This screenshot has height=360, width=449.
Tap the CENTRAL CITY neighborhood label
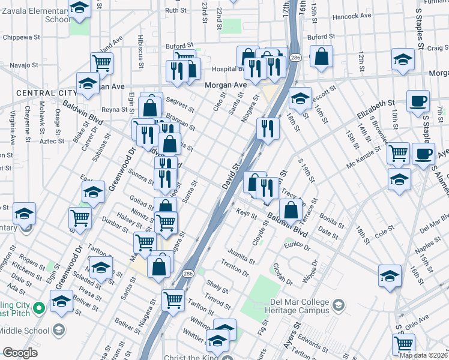[x=46, y=93]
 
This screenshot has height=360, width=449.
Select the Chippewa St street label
[x=21, y=37]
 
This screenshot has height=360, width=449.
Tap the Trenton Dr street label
[x=235, y=268]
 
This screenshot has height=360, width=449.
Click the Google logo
[x=20, y=353]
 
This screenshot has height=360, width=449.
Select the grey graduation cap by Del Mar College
[x=338, y=306]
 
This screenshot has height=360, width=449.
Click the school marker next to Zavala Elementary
[x=79, y=8]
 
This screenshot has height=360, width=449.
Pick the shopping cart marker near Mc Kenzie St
[x=398, y=154]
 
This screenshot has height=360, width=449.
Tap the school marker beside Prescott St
[x=300, y=98]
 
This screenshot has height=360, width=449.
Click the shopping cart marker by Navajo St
[x=102, y=62]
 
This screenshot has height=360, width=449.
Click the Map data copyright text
[x=423, y=355]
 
